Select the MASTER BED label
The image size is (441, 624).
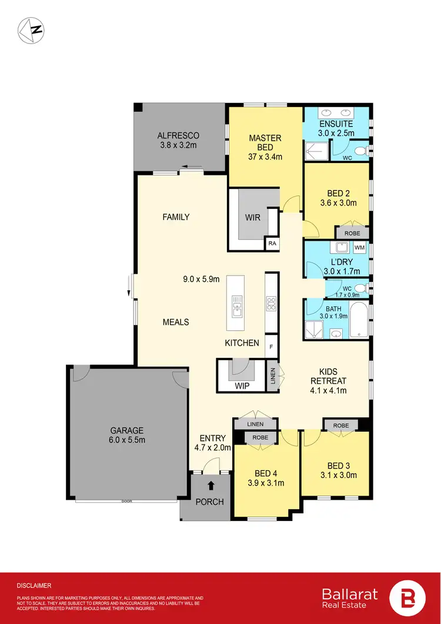(x=265, y=142)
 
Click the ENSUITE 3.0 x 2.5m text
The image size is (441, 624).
(x=336, y=128)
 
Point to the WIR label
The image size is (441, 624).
(x=253, y=217)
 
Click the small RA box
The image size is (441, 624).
(x=272, y=243)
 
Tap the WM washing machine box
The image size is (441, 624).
(x=359, y=248)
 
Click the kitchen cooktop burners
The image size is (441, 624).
(x=272, y=304)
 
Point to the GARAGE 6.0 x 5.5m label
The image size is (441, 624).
(x=126, y=435)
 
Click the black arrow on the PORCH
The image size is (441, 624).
(x=211, y=486)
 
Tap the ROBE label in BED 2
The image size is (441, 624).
(x=352, y=233)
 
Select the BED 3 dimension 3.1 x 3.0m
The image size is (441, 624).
(x=336, y=475)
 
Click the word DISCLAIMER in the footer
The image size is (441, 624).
(x=34, y=586)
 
